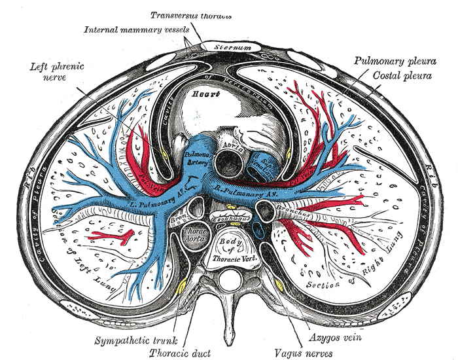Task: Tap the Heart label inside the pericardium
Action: [196, 94]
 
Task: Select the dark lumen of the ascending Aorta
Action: [230, 160]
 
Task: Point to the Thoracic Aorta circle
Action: [194, 237]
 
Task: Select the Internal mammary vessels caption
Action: [137, 29]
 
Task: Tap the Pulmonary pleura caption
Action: [395, 61]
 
